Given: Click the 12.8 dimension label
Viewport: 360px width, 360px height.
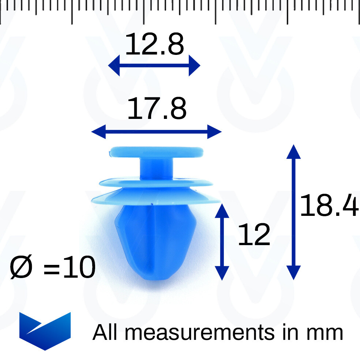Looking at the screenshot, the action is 154,44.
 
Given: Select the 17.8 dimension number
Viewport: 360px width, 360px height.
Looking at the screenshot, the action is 157,108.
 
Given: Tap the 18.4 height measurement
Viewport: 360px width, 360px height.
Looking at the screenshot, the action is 329,205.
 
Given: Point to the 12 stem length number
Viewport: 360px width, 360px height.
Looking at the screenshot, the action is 254,234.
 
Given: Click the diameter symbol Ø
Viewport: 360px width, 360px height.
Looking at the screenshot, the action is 21,267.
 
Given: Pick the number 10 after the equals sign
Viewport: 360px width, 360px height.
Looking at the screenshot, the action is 79,267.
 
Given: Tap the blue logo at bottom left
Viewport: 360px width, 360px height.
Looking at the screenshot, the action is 45,331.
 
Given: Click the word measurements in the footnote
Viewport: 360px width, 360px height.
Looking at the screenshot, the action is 199,333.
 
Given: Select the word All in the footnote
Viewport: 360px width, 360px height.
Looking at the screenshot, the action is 105,332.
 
